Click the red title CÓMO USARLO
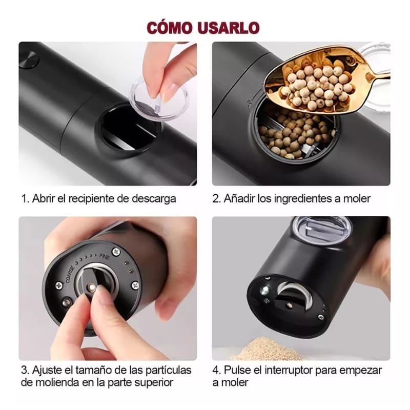point(203,27)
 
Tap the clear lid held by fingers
point(158,97)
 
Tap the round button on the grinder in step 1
point(29,60)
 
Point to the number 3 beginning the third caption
point(24,370)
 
